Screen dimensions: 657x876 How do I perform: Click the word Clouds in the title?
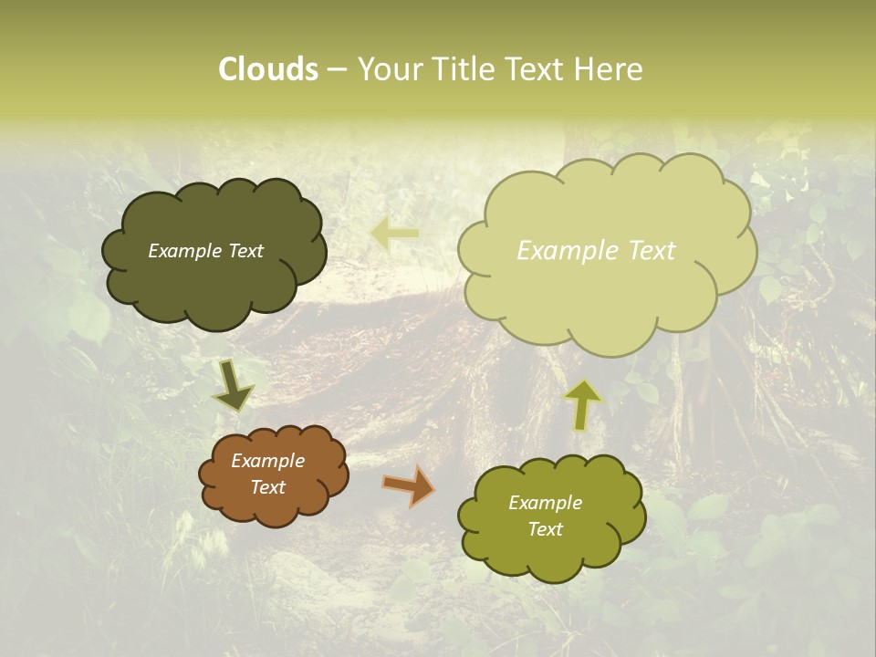(268, 69)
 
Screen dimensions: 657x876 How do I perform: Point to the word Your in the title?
(390, 69)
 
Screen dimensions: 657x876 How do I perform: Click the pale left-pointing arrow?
(394, 235)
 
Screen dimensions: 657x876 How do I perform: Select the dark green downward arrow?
(232, 385)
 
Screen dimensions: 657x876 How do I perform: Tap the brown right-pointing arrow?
(409, 485)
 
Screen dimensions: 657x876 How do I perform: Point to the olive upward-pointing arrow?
(582, 404)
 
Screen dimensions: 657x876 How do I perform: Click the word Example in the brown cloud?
(267, 461)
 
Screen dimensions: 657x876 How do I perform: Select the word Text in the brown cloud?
(267, 487)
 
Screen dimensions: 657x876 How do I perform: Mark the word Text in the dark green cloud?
(245, 251)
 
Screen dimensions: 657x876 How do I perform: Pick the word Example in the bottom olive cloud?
(545, 503)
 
